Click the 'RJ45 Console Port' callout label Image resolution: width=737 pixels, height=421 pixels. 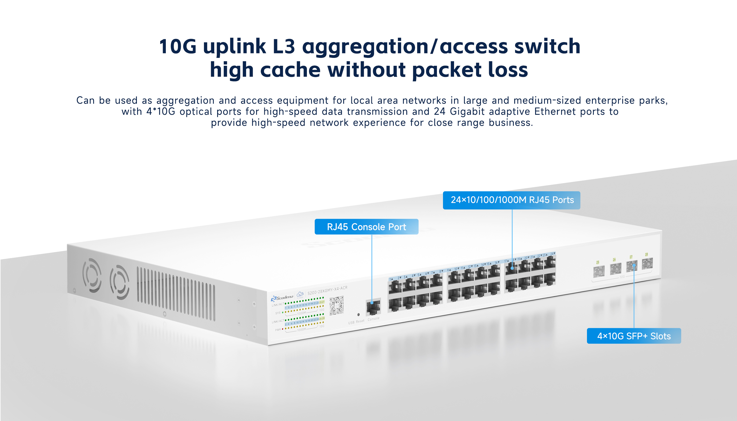pyautogui.click(x=366, y=227)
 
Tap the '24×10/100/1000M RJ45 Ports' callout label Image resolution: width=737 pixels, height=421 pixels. pyautogui.click(x=511, y=200)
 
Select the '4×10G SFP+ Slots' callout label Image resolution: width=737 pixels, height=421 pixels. pyautogui.click(x=634, y=336)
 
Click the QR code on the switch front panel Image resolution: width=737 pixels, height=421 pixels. pyautogui.click(x=336, y=305)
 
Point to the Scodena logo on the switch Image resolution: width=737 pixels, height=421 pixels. pyautogui.click(x=282, y=298)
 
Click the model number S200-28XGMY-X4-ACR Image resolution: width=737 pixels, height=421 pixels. pyautogui.click(x=327, y=290)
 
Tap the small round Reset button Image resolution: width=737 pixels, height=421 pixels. pyautogui.click(x=358, y=314)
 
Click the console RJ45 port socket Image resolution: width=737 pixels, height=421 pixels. pyautogui.click(x=373, y=307)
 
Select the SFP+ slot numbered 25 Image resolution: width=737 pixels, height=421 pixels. pyautogui.click(x=599, y=271)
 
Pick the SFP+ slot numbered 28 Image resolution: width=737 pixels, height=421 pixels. pyautogui.click(x=647, y=263)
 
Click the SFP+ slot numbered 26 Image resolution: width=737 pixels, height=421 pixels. pyautogui.click(x=615, y=268)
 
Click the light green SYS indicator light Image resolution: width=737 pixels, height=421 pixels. pyautogui.click(x=283, y=313)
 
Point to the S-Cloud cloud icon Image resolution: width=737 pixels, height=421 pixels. pyautogui.click(x=300, y=294)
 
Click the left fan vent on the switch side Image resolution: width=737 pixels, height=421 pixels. pyautogui.click(x=92, y=275)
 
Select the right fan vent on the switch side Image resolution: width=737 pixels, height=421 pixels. pyautogui.click(x=119, y=282)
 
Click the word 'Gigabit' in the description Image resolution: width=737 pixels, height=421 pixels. pyautogui.click(x=467, y=112)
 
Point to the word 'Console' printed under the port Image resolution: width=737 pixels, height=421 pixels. pyautogui.click(x=374, y=319)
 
